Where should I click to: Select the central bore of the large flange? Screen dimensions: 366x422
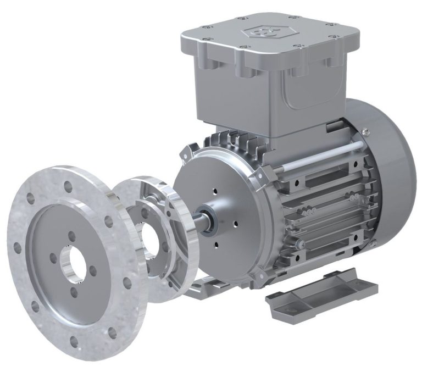click(71, 260)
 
